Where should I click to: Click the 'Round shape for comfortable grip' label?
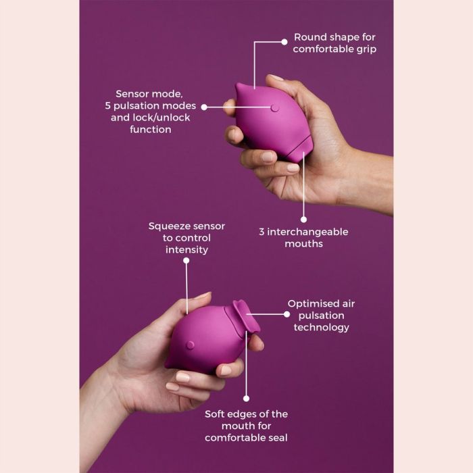click(x=334, y=43)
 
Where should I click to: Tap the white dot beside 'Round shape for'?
click(x=284, y=42)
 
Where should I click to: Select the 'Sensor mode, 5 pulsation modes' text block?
click(x=151, y=111)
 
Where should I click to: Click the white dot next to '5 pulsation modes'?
click(x=204, y=107)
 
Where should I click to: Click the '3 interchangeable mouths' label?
click(x=303, y=238)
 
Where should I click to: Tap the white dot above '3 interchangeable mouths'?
click(x=304, y=220)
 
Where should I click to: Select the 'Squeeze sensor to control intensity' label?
click(x=186, y=238)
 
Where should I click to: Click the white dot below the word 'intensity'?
click(x=186, y=260)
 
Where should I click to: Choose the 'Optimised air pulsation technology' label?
click(x=321, y=316)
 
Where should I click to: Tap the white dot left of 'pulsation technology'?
click(x=287, y=314)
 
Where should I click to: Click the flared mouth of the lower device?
click(x=245, y=318)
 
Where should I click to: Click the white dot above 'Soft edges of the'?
click(x=246, y=399)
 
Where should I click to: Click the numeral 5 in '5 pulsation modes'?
click(x=107, y=106)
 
